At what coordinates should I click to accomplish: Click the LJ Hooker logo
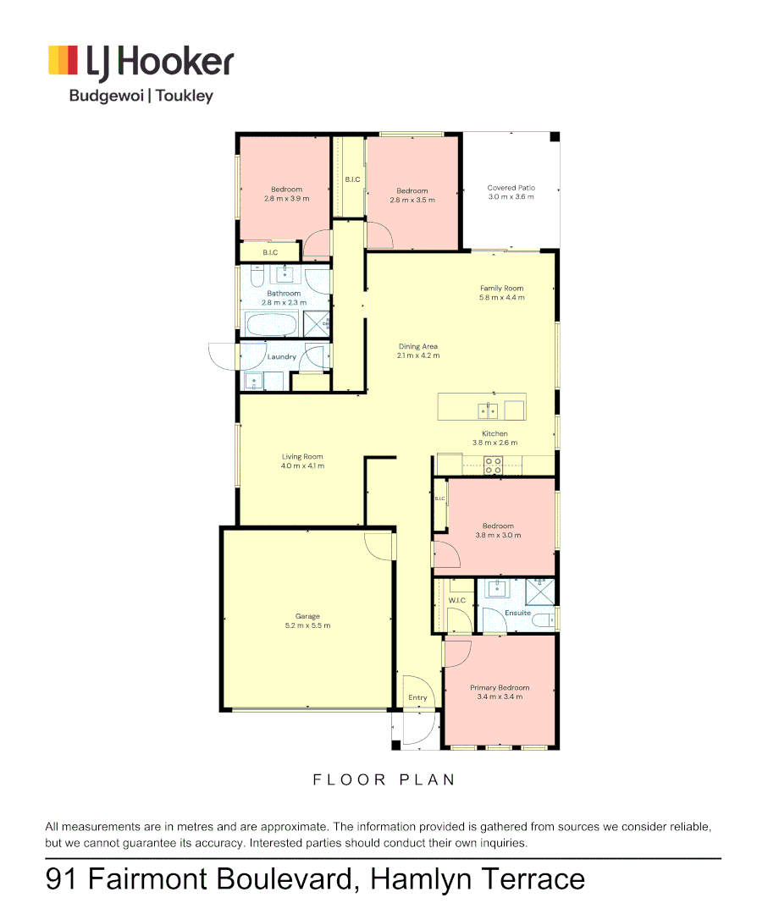tap(141, 62)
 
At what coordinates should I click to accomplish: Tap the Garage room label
tap(307, 617)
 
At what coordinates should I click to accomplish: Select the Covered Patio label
tap(511, 188)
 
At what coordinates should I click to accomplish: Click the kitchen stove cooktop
tap(493, 464)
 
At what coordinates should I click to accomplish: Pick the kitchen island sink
tap(488, 411)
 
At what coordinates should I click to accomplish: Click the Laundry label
tap(282, 357)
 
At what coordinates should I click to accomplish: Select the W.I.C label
tap(457, 601)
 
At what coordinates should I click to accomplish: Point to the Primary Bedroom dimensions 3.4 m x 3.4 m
tap(500, 697)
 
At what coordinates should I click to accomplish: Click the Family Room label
tap(502, 289)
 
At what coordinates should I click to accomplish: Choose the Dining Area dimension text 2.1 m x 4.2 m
tap(418, 355)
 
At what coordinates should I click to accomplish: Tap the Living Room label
tap(302, 457)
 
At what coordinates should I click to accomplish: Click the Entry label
tap(417, 697)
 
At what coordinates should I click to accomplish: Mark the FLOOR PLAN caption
tap(384, 779)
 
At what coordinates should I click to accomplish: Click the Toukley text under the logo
tap(184, 96)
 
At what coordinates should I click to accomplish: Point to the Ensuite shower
tap(540, 589)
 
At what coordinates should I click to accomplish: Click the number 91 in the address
tap(62, 878)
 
